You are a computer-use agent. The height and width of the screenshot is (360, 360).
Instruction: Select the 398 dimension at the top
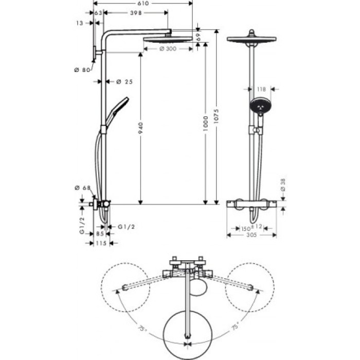pos(136,12)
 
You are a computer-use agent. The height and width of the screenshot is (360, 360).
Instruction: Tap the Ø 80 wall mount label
pos(82,70)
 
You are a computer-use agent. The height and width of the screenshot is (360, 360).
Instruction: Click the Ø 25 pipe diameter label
pos(121,82)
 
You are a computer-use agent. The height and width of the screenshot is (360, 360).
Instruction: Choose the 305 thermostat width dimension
pos(251,236)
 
